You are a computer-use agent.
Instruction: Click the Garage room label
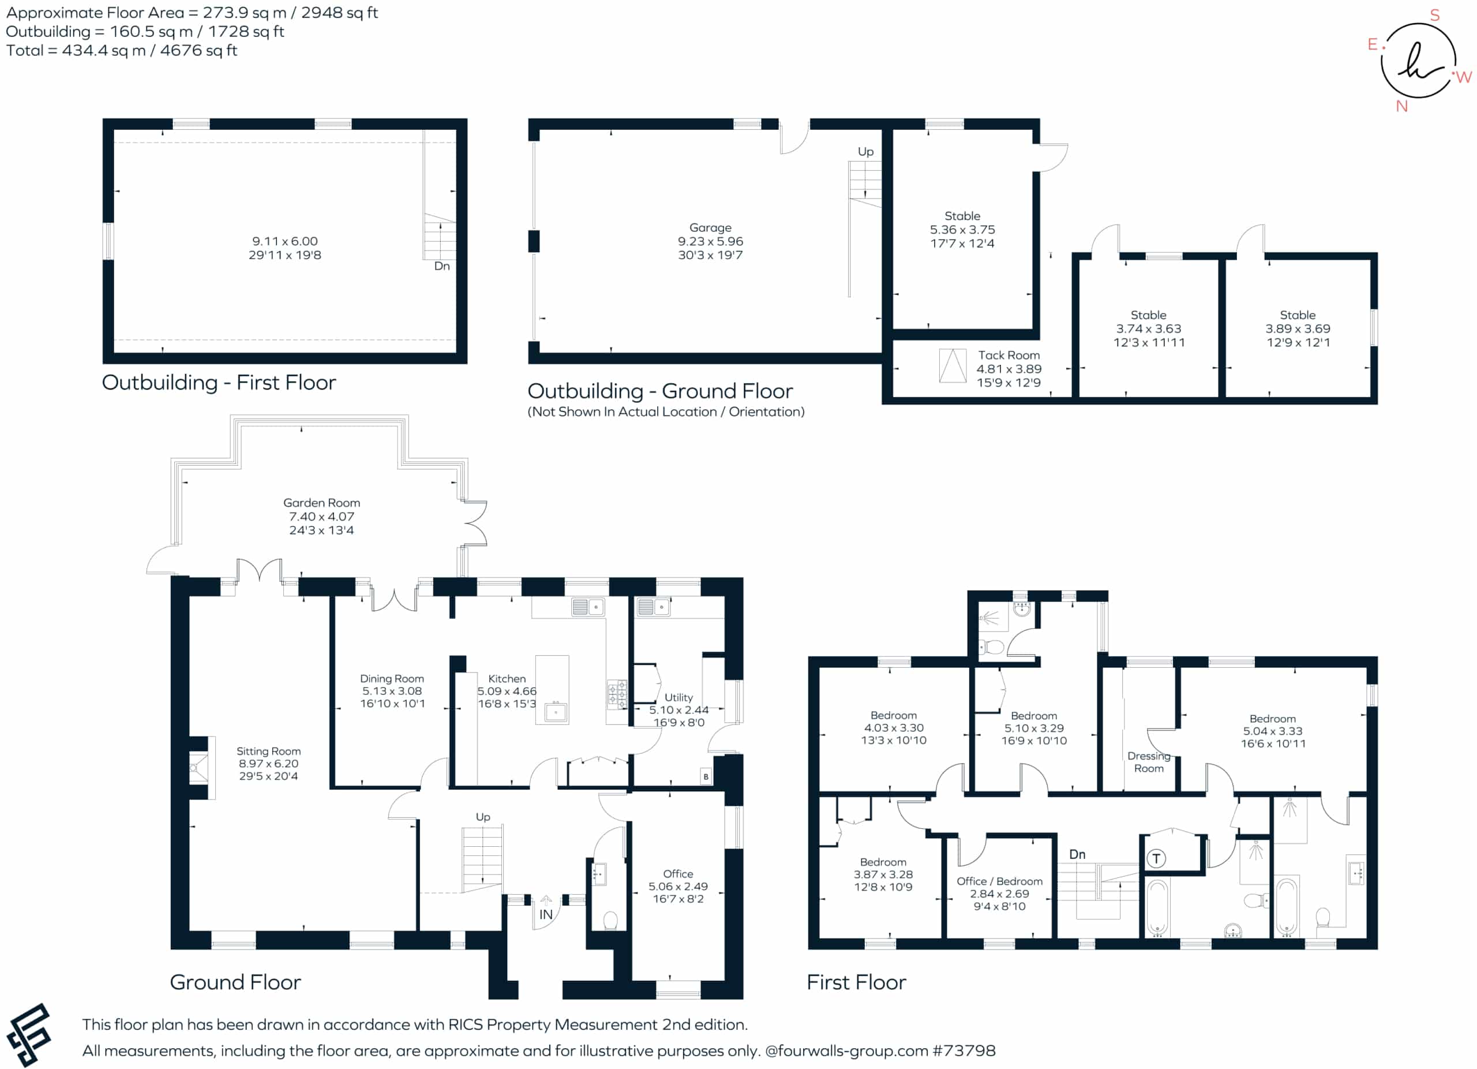pos(710,227)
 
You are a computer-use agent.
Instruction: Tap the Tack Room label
pos(1009,355)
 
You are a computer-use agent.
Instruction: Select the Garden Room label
pos(322,503)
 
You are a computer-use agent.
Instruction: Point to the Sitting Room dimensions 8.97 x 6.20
pos(268,764)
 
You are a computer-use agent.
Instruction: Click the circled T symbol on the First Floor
pos(1156,858)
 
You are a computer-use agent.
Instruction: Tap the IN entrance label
pos(546,915)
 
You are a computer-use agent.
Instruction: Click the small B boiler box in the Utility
pos(706,776)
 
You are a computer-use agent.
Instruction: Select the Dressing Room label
pos(1149,762)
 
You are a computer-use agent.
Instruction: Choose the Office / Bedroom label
pos(1000,881)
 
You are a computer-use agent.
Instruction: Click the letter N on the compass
pos(1401,106)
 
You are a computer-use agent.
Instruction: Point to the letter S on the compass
pos(1435,15)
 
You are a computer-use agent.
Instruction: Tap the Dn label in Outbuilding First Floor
pos(442,266)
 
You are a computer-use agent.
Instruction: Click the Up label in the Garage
pos(865,152)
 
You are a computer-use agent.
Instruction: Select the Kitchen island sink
pos(556,712)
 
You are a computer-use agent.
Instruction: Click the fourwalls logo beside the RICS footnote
pos(29,1035)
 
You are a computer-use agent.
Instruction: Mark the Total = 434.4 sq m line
pos(122,50)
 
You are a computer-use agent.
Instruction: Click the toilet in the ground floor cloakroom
pos(610,921)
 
